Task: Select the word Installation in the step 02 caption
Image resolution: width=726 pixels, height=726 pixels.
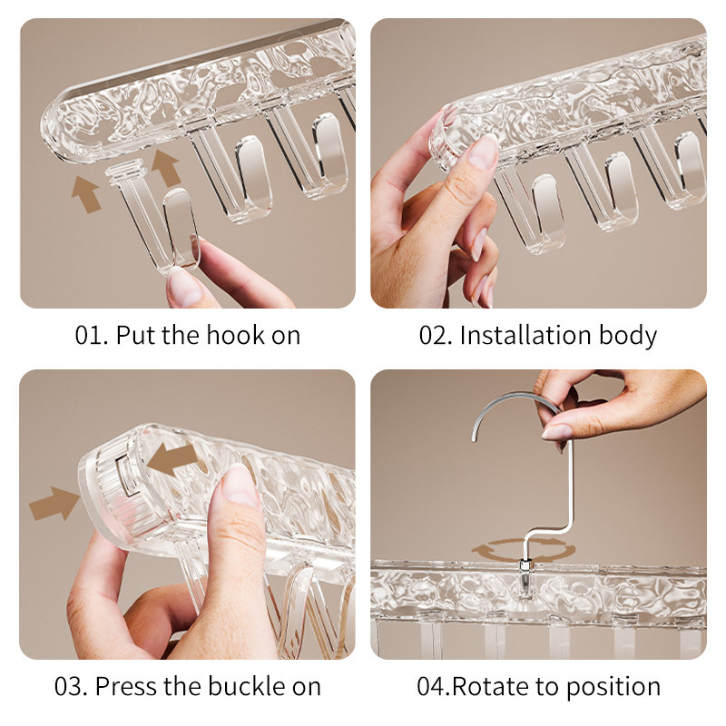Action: (525, 334)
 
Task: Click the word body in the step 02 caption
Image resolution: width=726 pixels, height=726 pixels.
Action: (628, 336)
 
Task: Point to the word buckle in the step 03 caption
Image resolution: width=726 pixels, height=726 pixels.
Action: (244, 686)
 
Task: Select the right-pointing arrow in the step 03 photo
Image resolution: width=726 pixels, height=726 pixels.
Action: (54, 504)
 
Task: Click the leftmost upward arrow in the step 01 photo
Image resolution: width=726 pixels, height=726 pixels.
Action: (86, 194)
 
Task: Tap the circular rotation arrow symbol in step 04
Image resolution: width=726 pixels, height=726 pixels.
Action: (524, 550)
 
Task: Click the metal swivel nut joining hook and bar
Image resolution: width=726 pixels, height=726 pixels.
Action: (525, 565)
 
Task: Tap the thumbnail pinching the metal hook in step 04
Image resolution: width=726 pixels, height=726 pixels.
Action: (556, 432)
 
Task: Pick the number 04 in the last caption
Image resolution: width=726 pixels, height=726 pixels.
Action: (433, 686)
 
